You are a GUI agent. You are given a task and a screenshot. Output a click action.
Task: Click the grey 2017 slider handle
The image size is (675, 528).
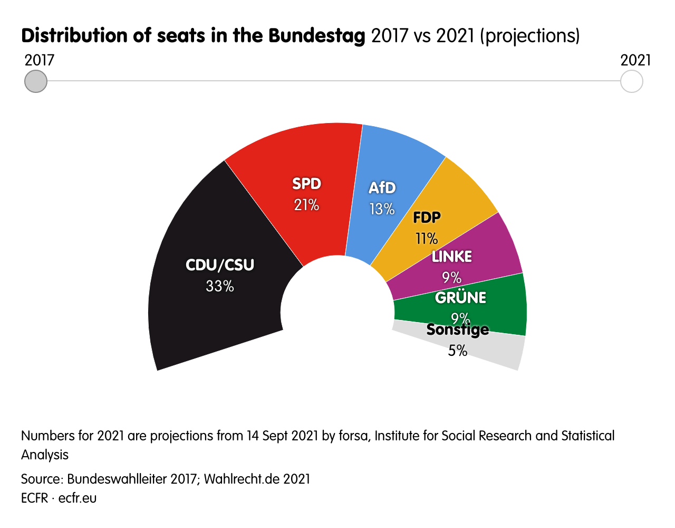point(36,81)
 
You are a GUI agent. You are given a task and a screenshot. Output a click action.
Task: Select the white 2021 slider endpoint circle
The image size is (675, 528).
point(631,81)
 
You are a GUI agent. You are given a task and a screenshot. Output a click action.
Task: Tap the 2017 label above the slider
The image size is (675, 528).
point(40,60)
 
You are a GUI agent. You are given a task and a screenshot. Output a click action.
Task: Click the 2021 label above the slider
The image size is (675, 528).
point(635,60)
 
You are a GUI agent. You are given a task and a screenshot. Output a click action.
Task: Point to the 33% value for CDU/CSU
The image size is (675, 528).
point(220,286)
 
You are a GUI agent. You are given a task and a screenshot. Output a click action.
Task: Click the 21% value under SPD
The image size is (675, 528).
point(306,205)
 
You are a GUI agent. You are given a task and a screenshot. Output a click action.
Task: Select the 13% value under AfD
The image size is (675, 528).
point(382,209)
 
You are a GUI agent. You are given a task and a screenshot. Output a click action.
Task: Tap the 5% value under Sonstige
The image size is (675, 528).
point(458,351)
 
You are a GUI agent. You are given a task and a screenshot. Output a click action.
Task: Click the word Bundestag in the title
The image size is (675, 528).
point(316,36)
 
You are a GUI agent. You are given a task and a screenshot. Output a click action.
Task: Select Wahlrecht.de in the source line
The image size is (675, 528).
point(242,479)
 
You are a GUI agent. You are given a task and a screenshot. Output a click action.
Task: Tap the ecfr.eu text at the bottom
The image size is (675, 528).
point(78,498)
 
